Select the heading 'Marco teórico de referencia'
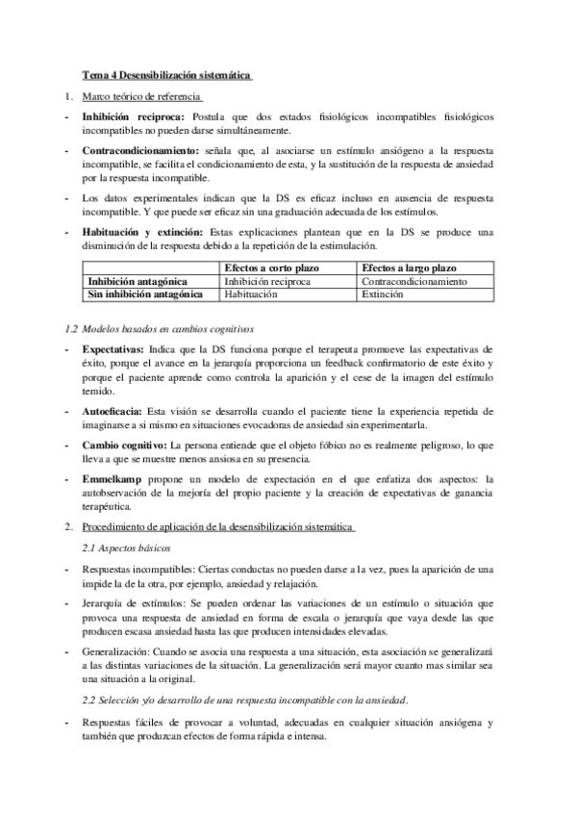(x=140, y=97)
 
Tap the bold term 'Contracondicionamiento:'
(x=139, y=152)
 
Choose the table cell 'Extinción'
(x=384, y=294)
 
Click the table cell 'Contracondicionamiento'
(x=414, y=281)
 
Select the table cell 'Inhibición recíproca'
(x=269, y=281)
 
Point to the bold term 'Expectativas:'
(x=113, y=347)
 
